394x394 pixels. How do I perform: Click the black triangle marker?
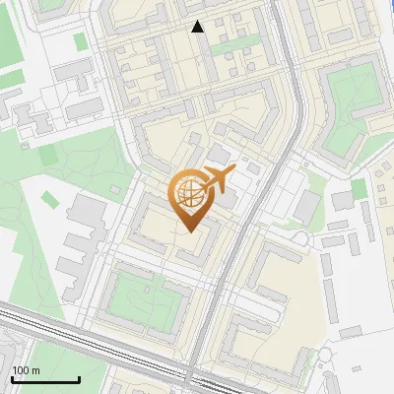tap(198, 27)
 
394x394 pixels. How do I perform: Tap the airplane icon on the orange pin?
tap(216, 180)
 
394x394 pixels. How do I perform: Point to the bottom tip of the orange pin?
tap(189, 231)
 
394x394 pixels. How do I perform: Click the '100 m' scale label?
tap(26, 370)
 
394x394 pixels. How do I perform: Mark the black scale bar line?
tap(44, 379)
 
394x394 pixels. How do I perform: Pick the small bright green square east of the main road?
tap(360, 188)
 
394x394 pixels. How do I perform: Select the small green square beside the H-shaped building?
tap(80, 42)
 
